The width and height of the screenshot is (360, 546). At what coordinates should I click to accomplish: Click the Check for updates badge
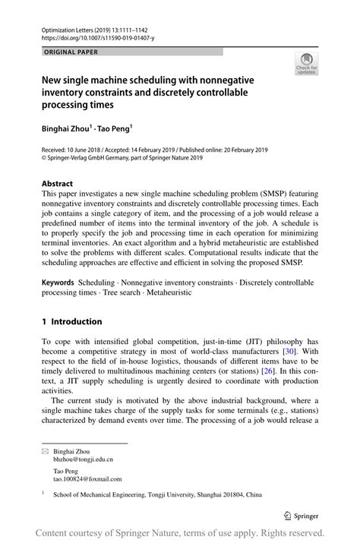point(306,64)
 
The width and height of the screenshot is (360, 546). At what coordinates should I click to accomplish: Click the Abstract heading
point(57,184)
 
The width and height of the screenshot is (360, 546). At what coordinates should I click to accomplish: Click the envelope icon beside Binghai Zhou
point(45,450)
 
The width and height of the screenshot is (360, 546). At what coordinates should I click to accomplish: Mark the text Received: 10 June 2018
point(75,150)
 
